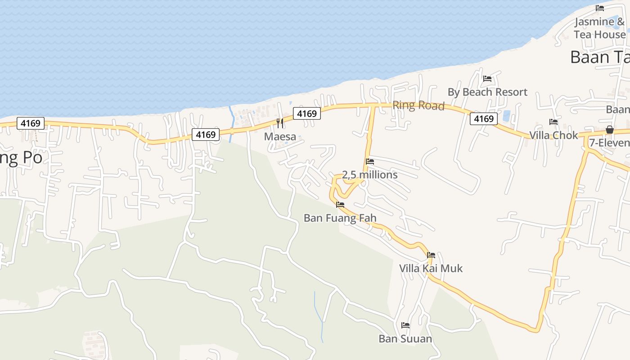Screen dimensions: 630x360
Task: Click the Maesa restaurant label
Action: (280, 136)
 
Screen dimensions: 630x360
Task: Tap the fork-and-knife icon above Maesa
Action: (280, 123)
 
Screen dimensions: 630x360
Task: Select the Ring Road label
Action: (418, 105)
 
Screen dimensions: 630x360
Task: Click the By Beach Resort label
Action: (487, 92)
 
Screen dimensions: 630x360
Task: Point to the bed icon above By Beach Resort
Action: (487, 79)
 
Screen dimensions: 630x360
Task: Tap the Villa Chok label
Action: (553, 135)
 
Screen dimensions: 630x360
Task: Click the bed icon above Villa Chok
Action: (553, 122)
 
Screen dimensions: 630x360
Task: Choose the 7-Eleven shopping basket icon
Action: (610, 130)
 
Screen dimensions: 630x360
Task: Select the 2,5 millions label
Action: (370, 175)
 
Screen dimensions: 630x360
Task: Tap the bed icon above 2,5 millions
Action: (370, 161)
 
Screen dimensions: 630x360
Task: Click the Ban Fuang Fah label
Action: (340, 218)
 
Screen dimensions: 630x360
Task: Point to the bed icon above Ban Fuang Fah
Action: (340, 205)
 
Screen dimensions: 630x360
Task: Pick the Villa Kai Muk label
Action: (431, 269)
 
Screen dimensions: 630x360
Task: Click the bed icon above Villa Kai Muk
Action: (431, 255)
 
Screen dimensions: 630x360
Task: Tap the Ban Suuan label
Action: (405, 338)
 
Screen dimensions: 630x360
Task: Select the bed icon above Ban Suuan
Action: (405, 325)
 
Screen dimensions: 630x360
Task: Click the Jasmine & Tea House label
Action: (600, 28)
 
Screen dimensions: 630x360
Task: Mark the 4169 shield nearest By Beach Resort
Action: (484, 119)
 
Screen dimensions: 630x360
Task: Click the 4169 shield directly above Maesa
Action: (307, 113)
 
